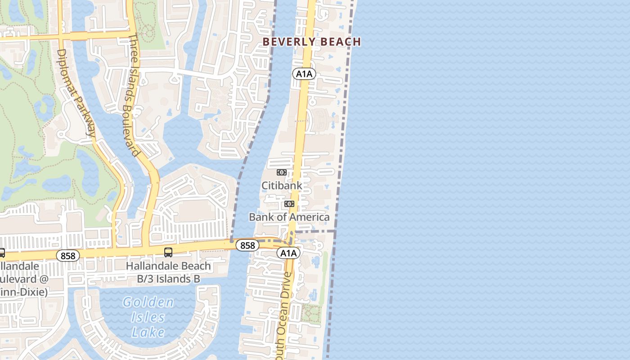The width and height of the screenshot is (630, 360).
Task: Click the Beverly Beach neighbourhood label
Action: pos(311,42)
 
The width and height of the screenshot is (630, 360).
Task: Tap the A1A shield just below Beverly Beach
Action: pos(304,74)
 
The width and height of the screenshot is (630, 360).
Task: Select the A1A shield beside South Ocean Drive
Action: pos(288,253)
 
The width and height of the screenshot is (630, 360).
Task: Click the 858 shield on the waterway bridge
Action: pos(247,245)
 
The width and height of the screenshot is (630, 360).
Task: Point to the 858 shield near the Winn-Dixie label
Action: pos(68,256)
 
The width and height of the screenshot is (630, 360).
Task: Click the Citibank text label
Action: pos(282,185)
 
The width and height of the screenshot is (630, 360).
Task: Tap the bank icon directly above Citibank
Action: pos(282,172)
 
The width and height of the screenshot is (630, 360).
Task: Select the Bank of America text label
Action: pos(289,217)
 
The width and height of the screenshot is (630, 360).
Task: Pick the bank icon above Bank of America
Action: pos(289,204)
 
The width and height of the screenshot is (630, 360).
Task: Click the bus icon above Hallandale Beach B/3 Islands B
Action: pos(168,252)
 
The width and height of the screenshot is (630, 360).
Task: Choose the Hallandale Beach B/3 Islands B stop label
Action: pos(168,272)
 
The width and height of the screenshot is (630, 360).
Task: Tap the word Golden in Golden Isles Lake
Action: pos(148,302)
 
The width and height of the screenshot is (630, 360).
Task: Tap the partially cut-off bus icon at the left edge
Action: pos(2,253)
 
